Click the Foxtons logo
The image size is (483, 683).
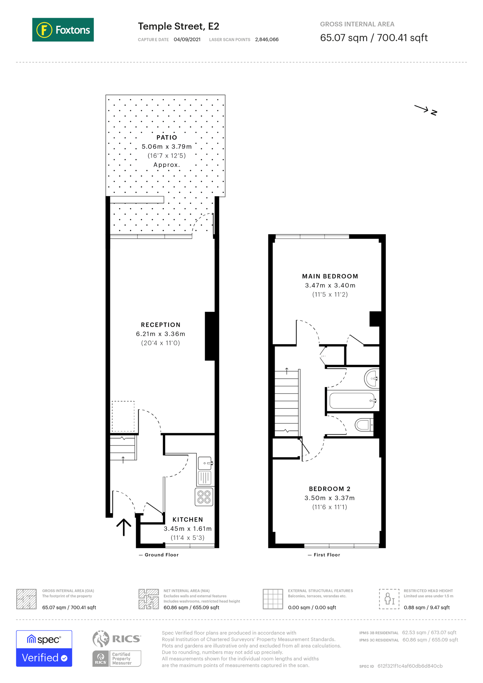63,30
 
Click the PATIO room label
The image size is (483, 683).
167,138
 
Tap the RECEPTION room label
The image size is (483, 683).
161,325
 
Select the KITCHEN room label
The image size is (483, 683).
188,520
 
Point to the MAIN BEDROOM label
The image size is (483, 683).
330,276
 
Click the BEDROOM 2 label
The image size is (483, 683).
330,489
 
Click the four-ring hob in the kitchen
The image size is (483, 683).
204,497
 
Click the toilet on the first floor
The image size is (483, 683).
364,425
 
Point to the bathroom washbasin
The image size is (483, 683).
371,378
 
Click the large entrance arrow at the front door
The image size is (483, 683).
124,527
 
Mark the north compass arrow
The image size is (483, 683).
422,108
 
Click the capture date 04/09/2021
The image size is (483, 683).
187,40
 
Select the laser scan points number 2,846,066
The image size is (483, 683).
267,40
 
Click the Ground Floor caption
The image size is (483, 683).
162,555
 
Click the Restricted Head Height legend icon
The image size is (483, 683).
389,599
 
